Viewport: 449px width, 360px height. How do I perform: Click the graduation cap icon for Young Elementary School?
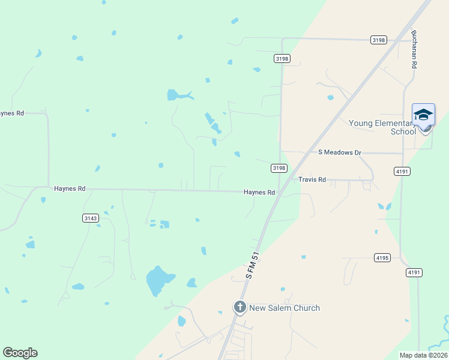click(423, 114)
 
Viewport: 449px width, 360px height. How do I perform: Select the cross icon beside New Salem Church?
click(240, 308)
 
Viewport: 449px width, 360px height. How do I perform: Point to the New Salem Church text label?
click(285, 308)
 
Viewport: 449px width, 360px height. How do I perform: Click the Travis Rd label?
click(312, 179)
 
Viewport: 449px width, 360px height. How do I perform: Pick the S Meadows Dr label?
click(339, 152)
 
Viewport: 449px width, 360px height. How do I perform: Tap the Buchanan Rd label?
click(414, 49)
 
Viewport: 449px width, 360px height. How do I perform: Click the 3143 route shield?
click(91, 218)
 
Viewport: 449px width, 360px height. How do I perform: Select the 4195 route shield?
click(382, 257)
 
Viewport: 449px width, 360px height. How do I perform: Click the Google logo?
click(20, 353)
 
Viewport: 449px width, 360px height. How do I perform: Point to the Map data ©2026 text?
click(423, 355)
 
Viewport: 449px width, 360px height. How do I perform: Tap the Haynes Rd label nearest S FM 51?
click(259, 193)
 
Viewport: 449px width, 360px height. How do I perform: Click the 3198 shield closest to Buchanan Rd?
click(379, 40)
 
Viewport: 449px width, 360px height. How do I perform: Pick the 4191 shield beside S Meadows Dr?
click(402, 171)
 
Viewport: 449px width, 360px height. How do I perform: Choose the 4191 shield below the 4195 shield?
click(414, 272)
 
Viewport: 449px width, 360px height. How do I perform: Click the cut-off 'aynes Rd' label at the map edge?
click(11, 113)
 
